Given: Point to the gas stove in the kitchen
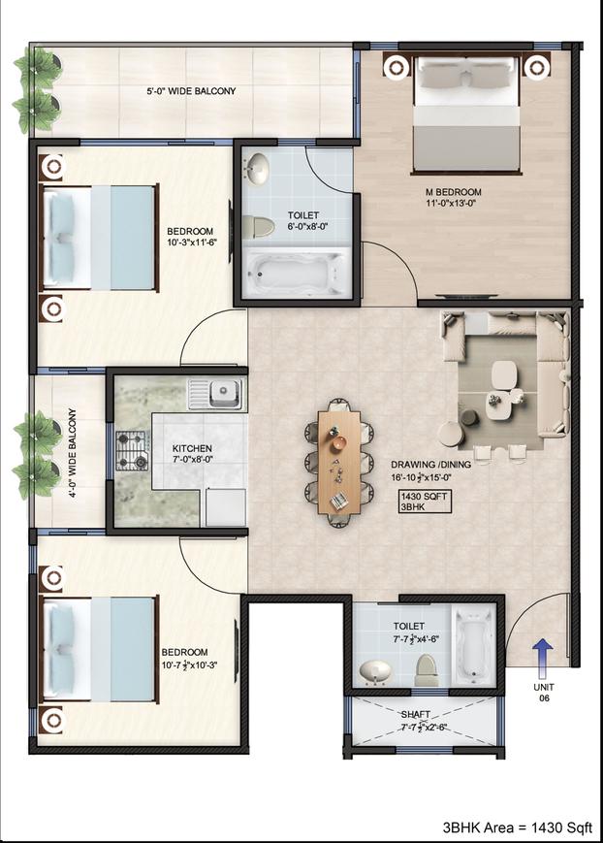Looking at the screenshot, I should click(132, 451).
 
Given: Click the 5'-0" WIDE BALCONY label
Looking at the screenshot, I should click(191, 92).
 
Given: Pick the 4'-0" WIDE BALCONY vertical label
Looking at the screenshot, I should click(71, 452).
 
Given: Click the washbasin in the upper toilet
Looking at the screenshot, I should click(257, 170).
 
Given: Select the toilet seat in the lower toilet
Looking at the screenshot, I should click(427, 668).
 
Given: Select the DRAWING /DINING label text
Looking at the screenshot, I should click(430, 465).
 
